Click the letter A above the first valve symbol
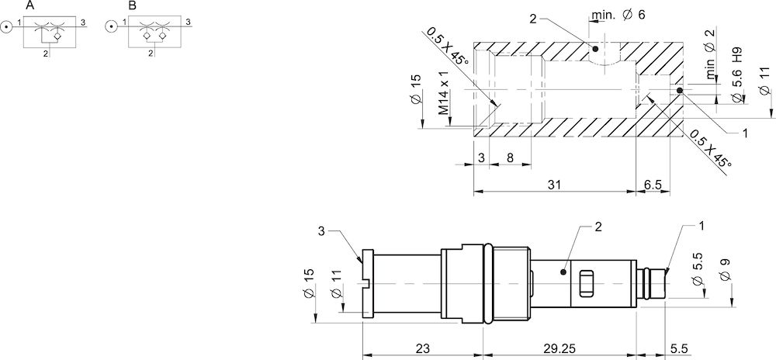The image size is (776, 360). coord(29,5)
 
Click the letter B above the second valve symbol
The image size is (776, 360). coord(132,5)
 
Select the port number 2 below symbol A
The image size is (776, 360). coord(47,54)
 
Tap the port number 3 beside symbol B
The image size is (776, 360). coord(187,22)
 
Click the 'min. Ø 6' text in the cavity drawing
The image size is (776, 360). coord(618,15)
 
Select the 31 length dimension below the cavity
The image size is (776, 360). coord(553,184)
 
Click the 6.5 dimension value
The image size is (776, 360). coord(653,184)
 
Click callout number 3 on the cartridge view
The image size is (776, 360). coord(321,230)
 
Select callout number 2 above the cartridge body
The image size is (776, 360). coord(598,227)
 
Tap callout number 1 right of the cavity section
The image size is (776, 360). coord(744,133)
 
